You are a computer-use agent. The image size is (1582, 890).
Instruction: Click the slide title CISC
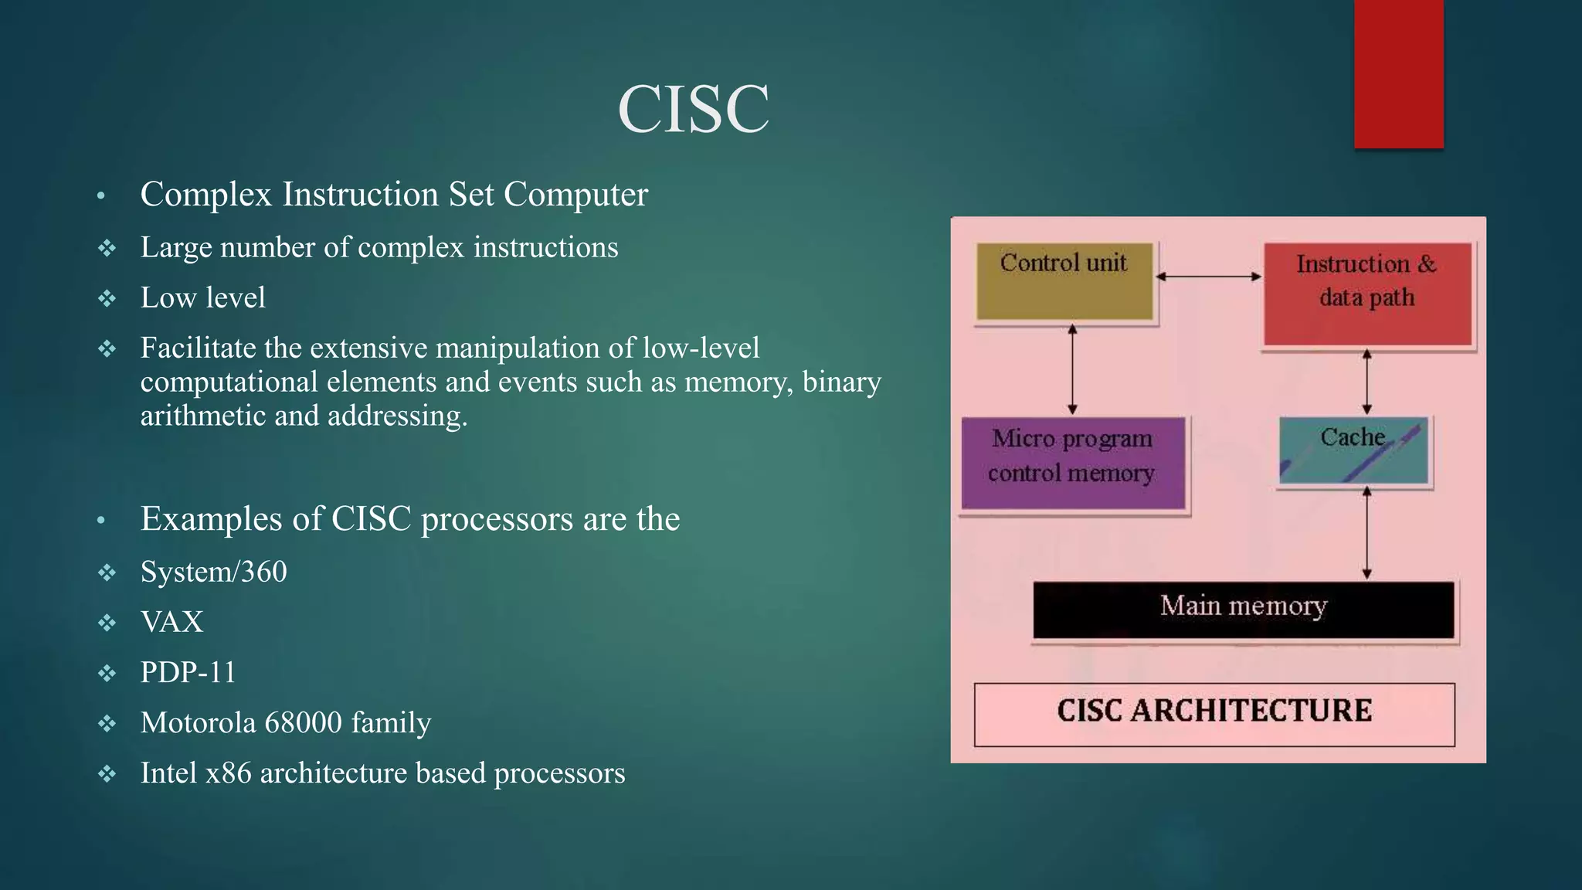click(x=693, y=109)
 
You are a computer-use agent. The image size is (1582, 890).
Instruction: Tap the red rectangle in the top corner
click(x=1398, y=73)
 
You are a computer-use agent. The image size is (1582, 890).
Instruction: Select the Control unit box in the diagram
click(x=1064, y=281)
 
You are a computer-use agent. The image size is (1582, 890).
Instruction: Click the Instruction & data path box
click(x=1367, y=294)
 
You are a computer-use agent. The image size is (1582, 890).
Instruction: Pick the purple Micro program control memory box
click(x=1073, y=463)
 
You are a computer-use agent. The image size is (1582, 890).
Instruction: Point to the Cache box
click(x=1353, y=450)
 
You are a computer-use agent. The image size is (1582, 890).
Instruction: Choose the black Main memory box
click(x=1243, y=610)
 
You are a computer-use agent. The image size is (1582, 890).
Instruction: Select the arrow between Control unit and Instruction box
click(x=1208, y=277)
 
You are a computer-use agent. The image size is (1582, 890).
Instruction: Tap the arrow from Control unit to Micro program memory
click(x=1072, y=369)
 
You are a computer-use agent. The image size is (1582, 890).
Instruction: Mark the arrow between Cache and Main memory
click(x=1366, y=533)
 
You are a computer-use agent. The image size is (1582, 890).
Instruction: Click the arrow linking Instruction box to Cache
click(x=1366, y=382)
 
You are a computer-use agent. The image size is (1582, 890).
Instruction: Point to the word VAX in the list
click(x=171, y=623)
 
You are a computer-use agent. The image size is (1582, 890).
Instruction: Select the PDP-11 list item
click(x=188, y=673)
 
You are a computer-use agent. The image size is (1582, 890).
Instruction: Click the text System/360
click(x=213, y=572)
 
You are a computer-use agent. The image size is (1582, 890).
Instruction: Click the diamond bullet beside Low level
click(x=107, y=299)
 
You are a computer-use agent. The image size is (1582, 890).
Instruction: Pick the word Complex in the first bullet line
click(x=205, y=195)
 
